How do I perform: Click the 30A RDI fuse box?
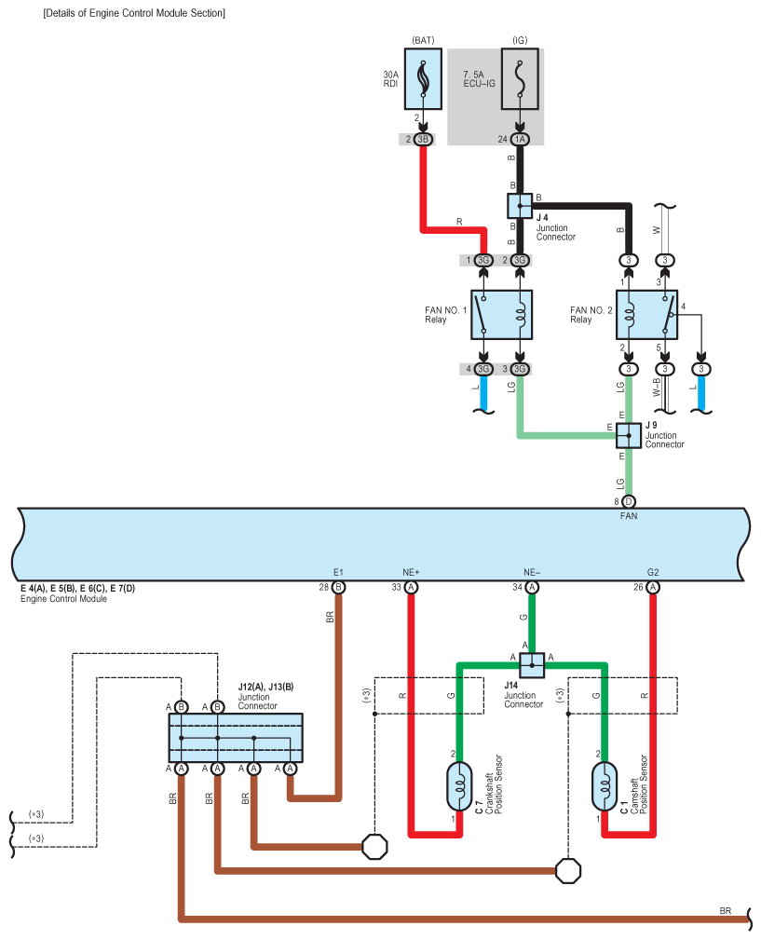tap(423, 78)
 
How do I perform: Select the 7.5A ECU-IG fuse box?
tap(520, 78)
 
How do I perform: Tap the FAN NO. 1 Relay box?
tap(501, 315)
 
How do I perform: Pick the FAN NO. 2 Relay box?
tap(646, 315)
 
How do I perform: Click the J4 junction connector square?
tap(520, 206)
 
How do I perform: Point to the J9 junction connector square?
tap(629, 436)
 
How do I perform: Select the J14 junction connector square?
tap(532, 665)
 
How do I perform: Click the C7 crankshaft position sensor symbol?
tap(459, 786)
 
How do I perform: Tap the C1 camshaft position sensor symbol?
tap(605, 786)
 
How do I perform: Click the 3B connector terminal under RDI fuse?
tap(423, 139)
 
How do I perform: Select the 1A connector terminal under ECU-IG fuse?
tap(520, 139)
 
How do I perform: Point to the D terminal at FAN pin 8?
tap(629, 502)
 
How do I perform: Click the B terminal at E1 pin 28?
tap(338, 588)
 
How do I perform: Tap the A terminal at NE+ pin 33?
tap(411, 588)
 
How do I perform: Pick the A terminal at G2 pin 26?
tap(653, 588)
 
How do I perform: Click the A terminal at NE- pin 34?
tap(532, 588)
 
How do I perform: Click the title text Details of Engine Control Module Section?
tap(134, 13)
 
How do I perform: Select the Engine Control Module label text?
tap(63, 599)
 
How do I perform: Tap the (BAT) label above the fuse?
tap(423, 40)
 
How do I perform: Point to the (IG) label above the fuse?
tap(520, 40)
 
